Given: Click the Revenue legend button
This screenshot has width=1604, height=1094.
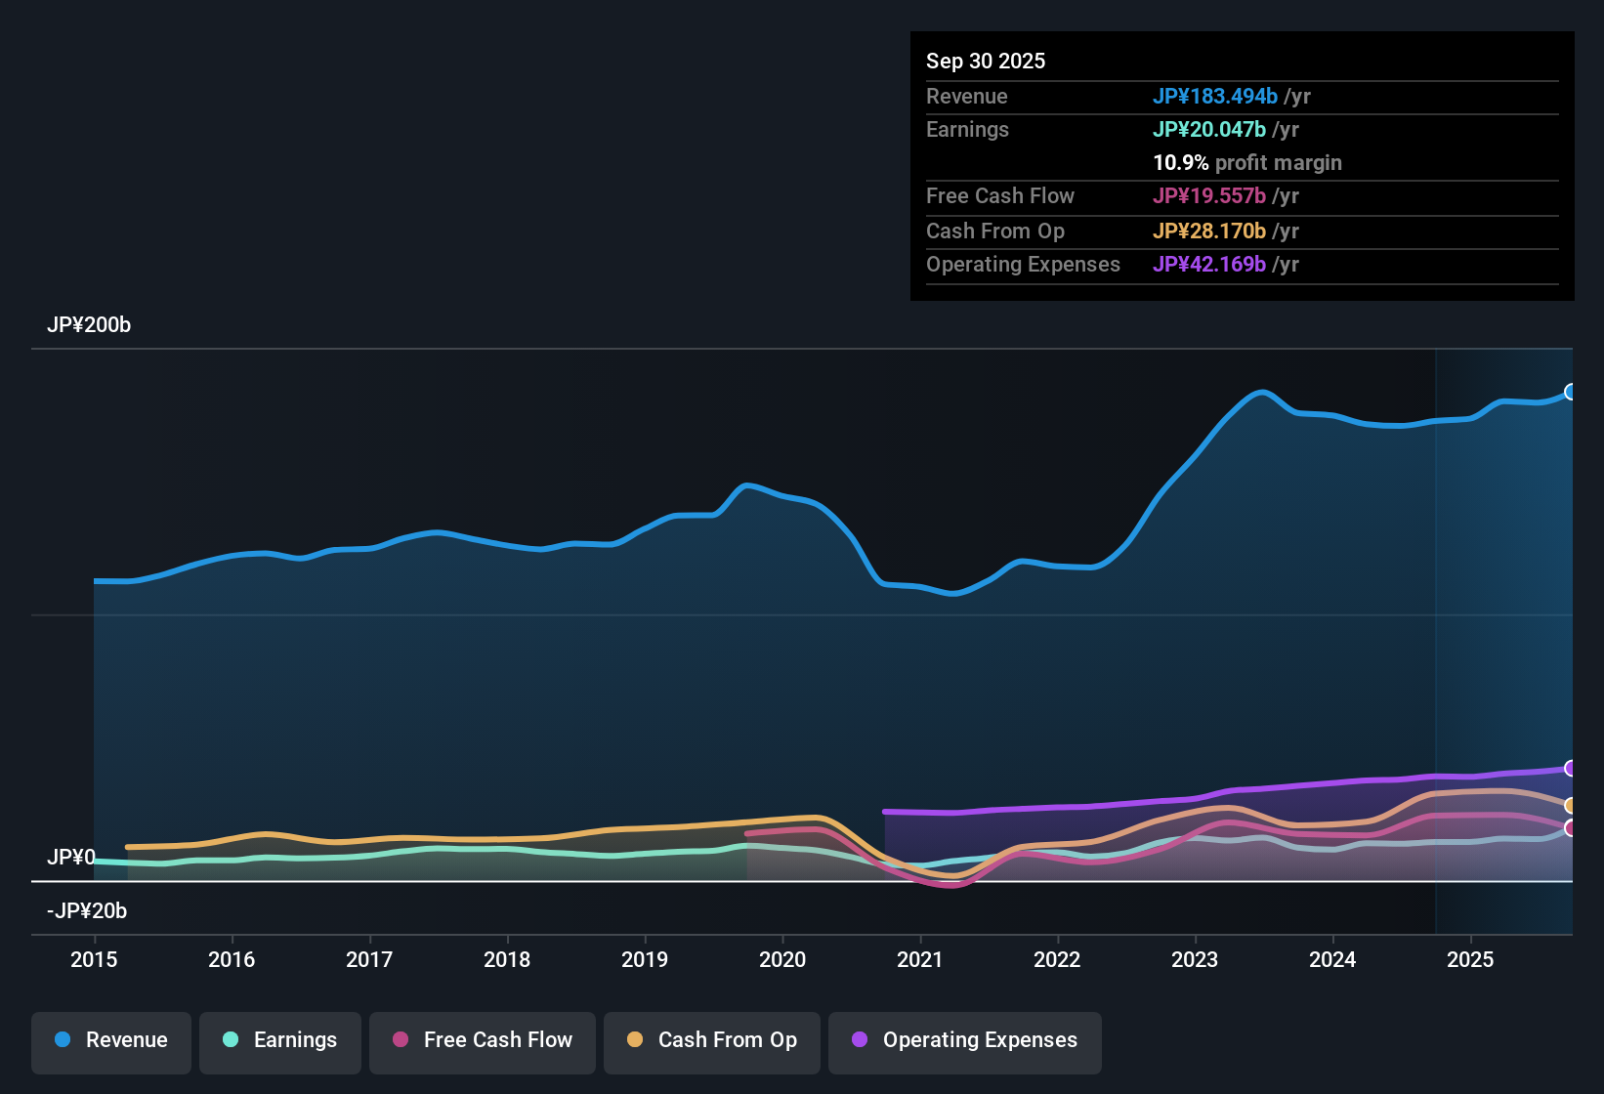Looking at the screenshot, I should [111, 1040].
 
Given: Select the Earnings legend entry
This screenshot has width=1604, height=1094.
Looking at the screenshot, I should [280, 1040].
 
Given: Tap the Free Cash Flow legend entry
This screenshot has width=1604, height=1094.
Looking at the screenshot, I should [483, 1040].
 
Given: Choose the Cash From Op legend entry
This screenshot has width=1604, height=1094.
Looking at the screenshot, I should [712, 1040].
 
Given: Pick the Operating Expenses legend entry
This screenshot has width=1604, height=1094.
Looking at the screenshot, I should [965, 1040].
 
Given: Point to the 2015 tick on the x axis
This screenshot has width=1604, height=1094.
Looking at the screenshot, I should [94, 959].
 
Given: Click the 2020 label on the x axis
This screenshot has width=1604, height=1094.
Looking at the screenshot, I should [782, 959].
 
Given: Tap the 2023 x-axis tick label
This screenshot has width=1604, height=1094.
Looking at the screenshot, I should [1195, 959].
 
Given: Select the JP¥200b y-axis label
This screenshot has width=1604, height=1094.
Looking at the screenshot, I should [89, 325].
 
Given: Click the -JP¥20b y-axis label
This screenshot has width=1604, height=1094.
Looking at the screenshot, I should [87, 911].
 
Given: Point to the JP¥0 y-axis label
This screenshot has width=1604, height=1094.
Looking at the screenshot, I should [71, 858].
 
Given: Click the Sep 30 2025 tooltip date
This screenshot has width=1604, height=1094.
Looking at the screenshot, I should [986, 61].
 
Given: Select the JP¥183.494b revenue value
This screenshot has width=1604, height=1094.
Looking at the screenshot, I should [1215, 96].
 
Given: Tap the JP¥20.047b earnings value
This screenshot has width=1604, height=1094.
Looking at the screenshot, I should [1209, 129].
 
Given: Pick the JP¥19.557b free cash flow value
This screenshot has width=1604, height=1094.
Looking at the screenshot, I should [1209, 195].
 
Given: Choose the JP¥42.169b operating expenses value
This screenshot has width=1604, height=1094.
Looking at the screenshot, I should [1209, 264].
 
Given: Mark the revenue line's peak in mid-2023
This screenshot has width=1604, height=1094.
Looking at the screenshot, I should [1262, 392].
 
